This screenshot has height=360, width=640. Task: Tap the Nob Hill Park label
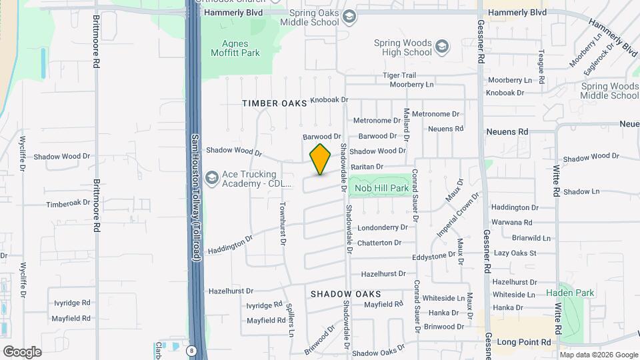pos(381,189)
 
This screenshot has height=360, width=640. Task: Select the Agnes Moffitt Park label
pos(235,48)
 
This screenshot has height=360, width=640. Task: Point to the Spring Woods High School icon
pos(441,47)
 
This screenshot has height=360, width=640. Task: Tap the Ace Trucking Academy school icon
pos(212,177)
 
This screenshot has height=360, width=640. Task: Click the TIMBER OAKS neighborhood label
pos(275,103)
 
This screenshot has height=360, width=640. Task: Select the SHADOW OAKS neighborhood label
pos(346,294)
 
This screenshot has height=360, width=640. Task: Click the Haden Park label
pos(569,293)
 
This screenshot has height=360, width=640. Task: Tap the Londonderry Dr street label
pos(382,227)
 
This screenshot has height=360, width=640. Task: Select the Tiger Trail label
pos(399,75)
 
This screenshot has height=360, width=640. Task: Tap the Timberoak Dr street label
pos(67,203)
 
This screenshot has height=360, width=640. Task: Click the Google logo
pos(22,351)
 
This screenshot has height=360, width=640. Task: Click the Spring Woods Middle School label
pos(609,91)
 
